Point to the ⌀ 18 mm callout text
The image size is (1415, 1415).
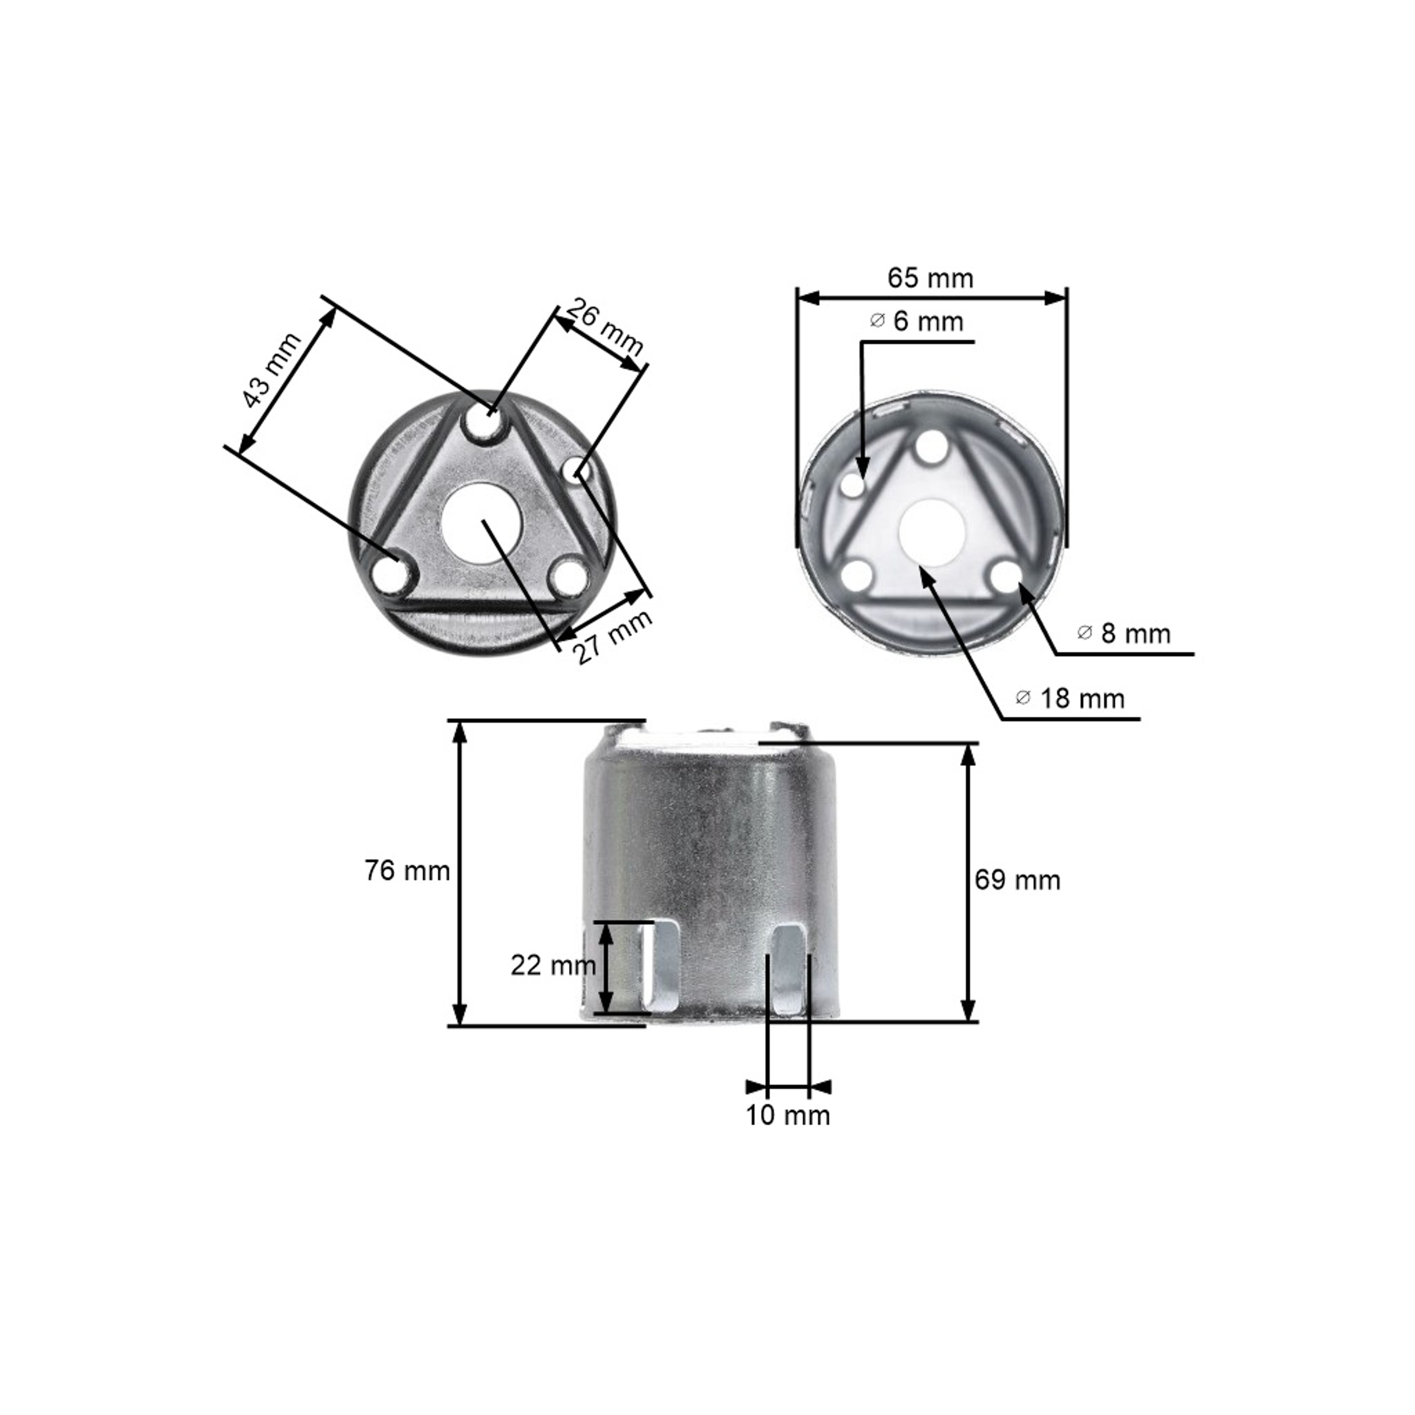click(1070, 698)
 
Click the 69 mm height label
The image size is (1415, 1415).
click(1017, 880)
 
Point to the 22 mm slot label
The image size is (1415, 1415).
click(553, 966)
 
